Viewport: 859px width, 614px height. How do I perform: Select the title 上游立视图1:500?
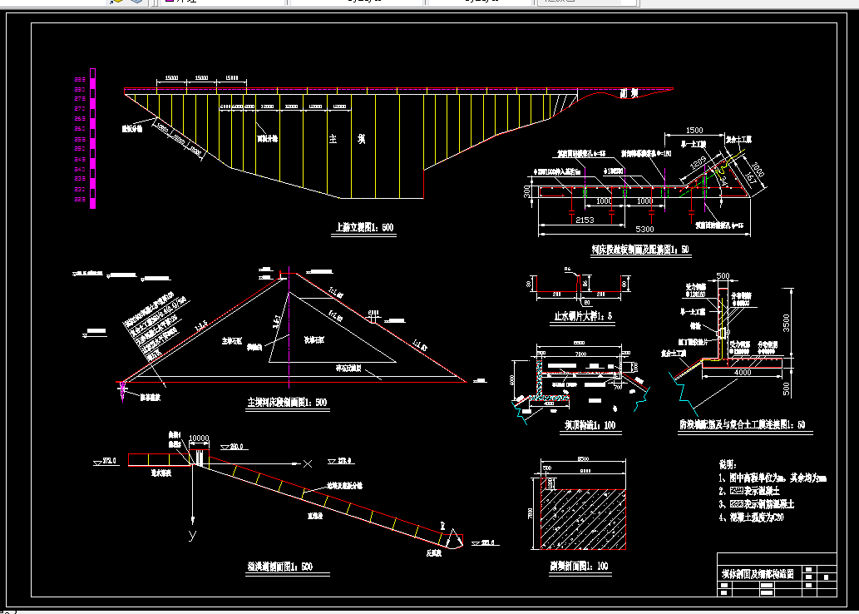tap(363, 227)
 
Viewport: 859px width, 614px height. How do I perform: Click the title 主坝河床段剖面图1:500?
tap(287, 403)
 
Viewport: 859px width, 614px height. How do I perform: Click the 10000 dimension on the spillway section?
tap(199, 438)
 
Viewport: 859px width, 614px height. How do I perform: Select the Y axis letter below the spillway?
tap(192, 534)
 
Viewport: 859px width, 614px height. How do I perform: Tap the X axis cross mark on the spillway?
tap(309, 463)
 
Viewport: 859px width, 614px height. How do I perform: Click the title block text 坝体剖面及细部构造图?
tap(757, 574)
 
